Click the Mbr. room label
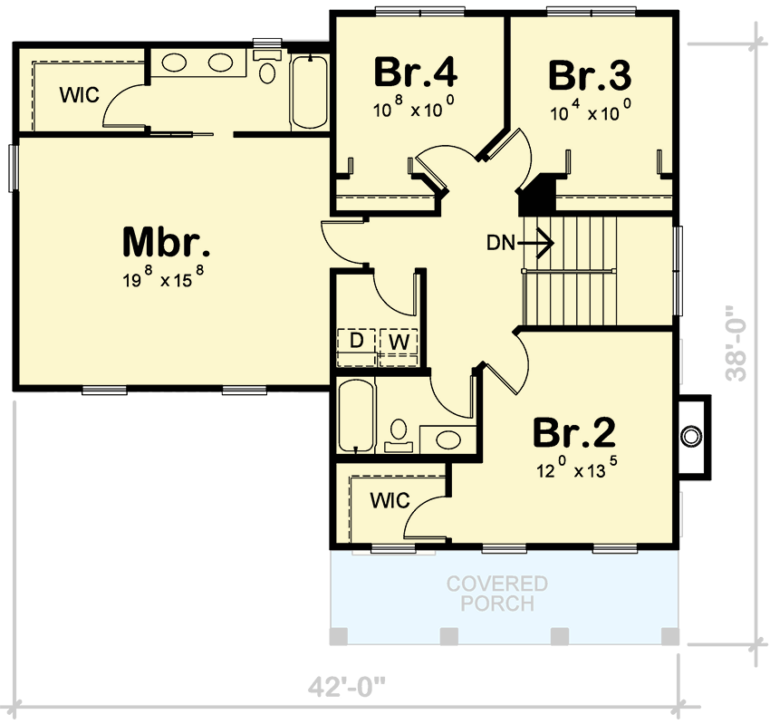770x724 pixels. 167,243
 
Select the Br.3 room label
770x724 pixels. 589,75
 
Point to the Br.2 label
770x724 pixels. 573,433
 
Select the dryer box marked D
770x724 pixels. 356,342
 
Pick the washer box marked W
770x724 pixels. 398,342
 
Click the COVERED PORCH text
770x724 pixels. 496,594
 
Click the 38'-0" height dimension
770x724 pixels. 742,345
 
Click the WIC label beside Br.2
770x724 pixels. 390,499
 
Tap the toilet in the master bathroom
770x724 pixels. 266,70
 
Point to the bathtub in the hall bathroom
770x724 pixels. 354,416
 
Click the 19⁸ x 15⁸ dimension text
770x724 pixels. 168,279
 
